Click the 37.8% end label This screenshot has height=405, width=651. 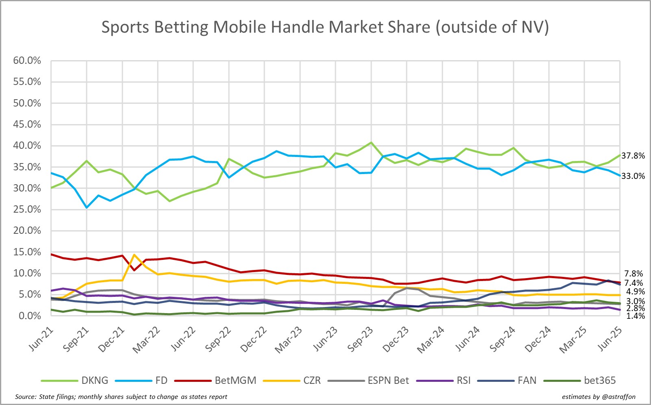click(x=633, y=156)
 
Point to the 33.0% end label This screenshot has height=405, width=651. click(x=633, y=176)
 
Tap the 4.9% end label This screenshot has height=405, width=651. click(x=635, y=292)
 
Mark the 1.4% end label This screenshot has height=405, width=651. click(x=635, y=316)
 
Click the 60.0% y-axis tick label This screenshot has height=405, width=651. click(x=27, y=61)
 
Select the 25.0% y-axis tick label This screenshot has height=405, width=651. click(x=27, y=209)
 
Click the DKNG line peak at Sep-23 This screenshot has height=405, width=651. click(x=371, y=143)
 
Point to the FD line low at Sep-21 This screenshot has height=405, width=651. click(x=87, y=207)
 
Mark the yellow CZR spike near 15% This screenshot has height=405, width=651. click(x=134, y=255)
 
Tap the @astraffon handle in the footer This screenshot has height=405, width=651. click(x=618, y=396)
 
